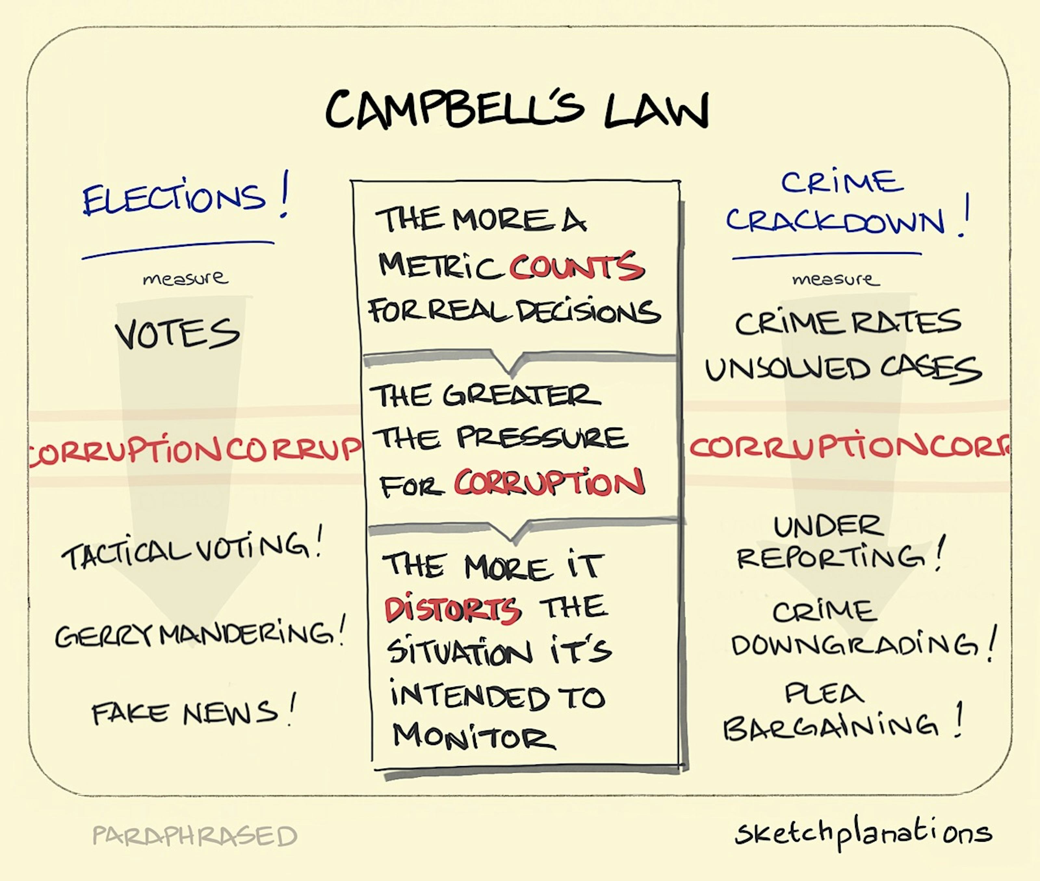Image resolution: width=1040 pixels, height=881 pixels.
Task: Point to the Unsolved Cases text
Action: pyautogui.click(x=844, y=369)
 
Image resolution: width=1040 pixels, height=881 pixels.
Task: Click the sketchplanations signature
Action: pyautogui.click(x=863, y=834)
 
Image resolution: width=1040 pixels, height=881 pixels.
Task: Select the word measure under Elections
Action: pyautogui.click(x=185, y=278)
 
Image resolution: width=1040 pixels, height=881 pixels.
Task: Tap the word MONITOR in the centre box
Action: pyautogui.click(x=474, y=736)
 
